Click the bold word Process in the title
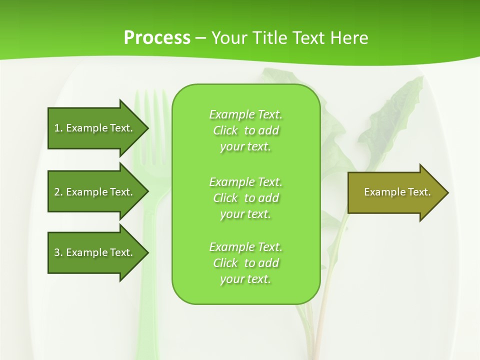pos(157,38)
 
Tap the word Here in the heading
pos(349,38)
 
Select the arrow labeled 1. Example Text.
pos(93,128)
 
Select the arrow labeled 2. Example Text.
pos(93,192)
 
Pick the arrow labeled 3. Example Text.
pos(93,252)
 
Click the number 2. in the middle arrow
pos(58,192)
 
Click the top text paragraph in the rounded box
pos(245,130)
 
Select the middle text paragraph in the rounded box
pos(245,198)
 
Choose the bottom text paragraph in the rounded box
pos(245,263)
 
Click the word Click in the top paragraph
pos(225,131)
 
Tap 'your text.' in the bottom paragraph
pos(245,279)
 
